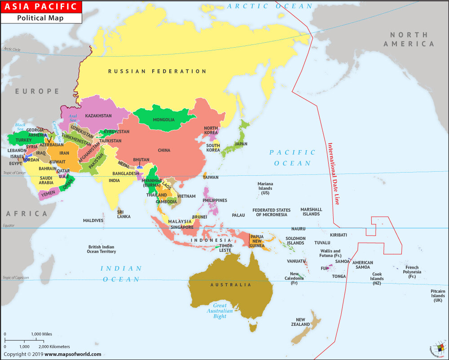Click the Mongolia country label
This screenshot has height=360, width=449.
pos(163,120)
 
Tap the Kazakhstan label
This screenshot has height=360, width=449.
pos(98,116)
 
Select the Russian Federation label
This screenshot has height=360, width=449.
pos(157,71)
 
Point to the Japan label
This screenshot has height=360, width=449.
pos(241,144)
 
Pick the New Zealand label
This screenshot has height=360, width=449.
pos(300,322)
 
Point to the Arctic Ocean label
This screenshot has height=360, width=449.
pos(270,6)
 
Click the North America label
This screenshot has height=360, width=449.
pos(409,39)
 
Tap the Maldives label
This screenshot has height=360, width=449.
pos(93,221)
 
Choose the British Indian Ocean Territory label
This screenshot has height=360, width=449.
pos(101,249)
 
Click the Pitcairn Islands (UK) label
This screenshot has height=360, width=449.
pos(438,296)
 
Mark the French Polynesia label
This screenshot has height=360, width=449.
pos(412,272)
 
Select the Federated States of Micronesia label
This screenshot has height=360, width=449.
pos(271,212)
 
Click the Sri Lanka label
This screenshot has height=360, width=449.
pos(124,214)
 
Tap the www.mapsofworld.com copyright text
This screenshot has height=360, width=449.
pos(73,354)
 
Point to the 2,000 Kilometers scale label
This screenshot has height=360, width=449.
pos(54,347)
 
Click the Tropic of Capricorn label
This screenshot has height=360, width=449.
pos(16,278)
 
